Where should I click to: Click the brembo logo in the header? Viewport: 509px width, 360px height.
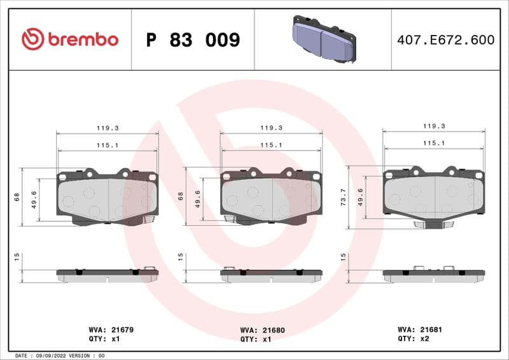(x=70, y=39)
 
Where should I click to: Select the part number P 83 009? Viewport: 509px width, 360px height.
(x=193, y=40)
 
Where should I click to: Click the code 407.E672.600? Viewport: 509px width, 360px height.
(x=445, y=40)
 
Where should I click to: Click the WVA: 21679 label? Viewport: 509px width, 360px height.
(x=110, y=330)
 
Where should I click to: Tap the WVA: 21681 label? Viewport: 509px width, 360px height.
(x=419, y=330)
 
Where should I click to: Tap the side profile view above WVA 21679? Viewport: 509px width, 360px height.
(x=107, y=274)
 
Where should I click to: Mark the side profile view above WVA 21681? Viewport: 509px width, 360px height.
(x=433, y=274)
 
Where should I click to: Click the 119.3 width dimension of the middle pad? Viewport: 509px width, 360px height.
(x=271, y=128)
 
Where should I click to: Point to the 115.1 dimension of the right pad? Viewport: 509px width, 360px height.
(x=433, y=143)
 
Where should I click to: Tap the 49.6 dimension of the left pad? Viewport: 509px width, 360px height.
(x=34, y=199)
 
